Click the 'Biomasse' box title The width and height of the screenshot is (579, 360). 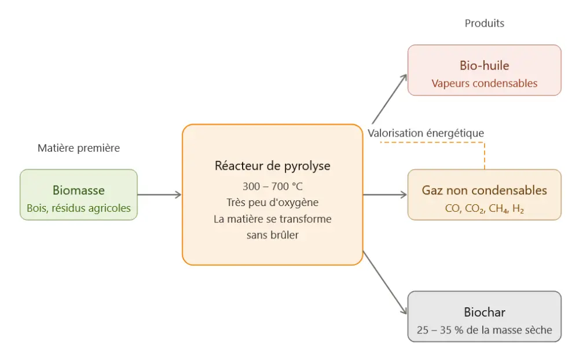pyautogui.click(x=79, y=190)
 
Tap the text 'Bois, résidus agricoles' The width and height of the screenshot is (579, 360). pyautogui.click(x=79, y=208)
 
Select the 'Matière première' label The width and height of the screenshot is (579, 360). pyautogui.click(x=79, y=148)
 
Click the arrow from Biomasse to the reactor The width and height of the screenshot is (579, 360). pyautogui.click(x=159, y=195)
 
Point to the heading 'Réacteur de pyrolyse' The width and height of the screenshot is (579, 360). pyautogui.click(x=272, y=166)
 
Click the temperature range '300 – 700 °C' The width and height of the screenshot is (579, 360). pyautogui.click(x=272, y=186)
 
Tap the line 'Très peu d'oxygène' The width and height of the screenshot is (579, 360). pyautogui.click(x=272, y=203)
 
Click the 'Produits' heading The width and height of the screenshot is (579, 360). pyautogui.click(x=484, y=24)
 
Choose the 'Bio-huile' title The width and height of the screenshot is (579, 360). pyautogui.click(x=484, y=65)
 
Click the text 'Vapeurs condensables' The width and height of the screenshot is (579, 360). pyautogui.click(x=484, y=83)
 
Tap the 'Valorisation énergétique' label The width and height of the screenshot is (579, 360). pyautogui.click(x=426, y=133)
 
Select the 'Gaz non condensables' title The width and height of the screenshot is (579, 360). pyautogui.click(x=484, y=190)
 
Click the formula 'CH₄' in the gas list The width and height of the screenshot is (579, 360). pyautogui.click(x=498, y=209)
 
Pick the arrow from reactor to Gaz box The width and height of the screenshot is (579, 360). pyautogui.click(x=385, y=195)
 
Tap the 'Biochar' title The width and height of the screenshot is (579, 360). pyautogui.click(x=484, y=313)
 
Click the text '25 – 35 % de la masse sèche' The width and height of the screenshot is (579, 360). pyautogui.click(x=484, y=331)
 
